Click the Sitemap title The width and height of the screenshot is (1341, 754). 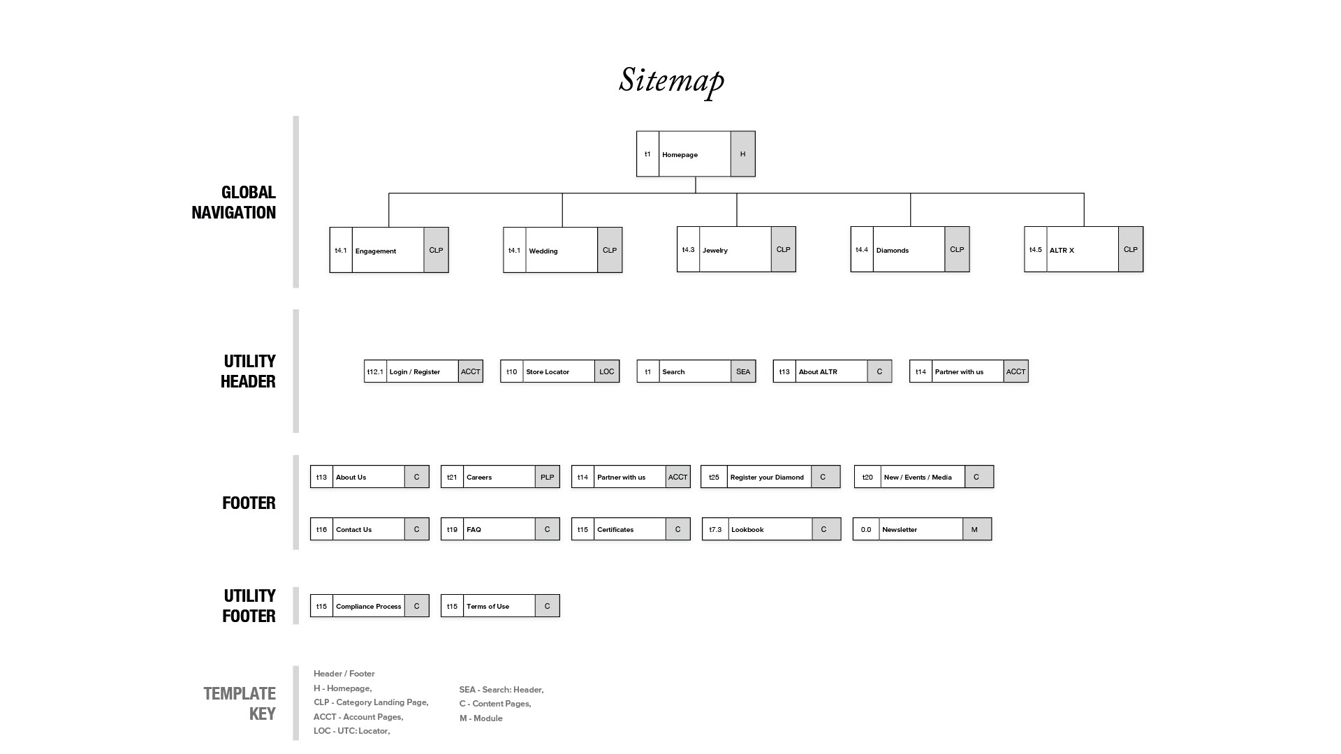(671, 80)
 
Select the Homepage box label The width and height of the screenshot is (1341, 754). (680, 155)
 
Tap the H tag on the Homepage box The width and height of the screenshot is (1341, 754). (742, 154)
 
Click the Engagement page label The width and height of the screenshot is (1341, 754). (375, 251)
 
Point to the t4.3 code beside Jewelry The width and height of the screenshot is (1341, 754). (688, 250)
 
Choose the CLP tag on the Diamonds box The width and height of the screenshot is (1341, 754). (956, 250)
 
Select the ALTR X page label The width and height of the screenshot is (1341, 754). (1062, 251)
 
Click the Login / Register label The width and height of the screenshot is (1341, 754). (414, 372)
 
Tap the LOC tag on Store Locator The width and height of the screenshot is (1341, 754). (606, 371)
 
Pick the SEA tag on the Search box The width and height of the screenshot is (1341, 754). (742, 371)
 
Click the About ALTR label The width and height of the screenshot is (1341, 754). (818, 372)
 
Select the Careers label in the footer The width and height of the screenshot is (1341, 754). (479, 478)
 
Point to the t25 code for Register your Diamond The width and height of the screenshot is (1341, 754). (714, 478)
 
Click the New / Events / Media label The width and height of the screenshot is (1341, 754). (917, 478)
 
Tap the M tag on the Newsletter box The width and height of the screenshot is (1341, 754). (974, 529)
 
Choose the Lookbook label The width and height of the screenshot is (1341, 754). (747, 530)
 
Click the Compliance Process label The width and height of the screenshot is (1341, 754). (368, 607)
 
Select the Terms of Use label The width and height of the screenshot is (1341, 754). (488, 607)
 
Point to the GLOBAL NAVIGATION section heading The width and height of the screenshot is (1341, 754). (234, 202)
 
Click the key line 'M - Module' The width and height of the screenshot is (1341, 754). (481, 718)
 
